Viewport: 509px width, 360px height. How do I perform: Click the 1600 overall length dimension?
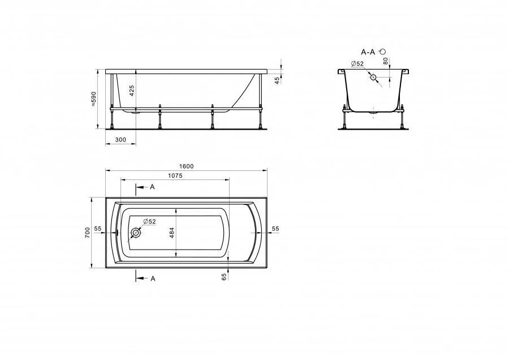(x=186, y=166)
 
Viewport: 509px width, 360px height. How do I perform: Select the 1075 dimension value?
(x=175, y=175)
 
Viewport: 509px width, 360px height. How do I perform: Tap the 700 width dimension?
(x=87, y=233)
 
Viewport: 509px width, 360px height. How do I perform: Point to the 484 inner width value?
(x=172, y=233)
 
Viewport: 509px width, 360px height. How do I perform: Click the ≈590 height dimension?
(x=94, y=99)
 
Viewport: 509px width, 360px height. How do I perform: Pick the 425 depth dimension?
(x=132, y=91)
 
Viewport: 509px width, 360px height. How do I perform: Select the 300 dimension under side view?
(x=120, y=140)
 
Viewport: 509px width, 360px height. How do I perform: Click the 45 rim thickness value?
(x=277, y=80)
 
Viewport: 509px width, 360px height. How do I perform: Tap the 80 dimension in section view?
(x=386, y=61)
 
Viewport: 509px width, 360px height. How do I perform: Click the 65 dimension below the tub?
(x=223, y=277)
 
